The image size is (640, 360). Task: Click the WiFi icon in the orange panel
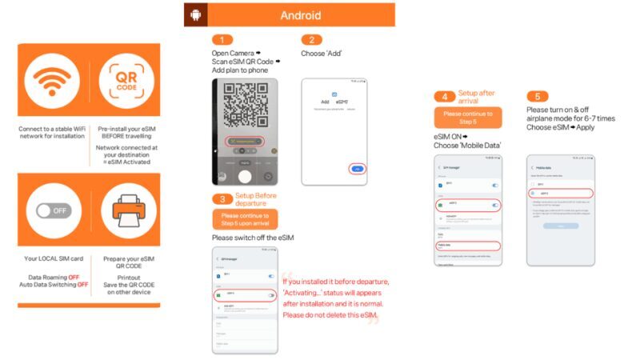pyautogui.click(x=52, y=83)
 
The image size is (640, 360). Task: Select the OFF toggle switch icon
pyautogui.click(x=52, y=212)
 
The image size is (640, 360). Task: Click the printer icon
pyautogui.click(x=126, y=212)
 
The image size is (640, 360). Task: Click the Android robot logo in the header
pyautogui.click(x=195, y=15)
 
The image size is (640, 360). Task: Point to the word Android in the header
pyautogui.click(x=301, y=15)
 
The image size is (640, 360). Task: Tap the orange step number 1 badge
pyautogui.click(x=222, y=40)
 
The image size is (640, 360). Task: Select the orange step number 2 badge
pyautogui.click(x=311, y=40)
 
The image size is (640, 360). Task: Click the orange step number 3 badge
pyautogui.click(x=222, y=198)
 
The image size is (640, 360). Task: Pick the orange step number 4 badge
pyautogui.click(x=445, y=97)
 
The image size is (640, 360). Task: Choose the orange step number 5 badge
pyautogui.click(x=538, y=97)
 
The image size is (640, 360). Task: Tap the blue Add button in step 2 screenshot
pyautogui.click(x=358, y=169)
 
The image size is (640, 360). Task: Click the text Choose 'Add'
pyautogui.click(x=324, y=54)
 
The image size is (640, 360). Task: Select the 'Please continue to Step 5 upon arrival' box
pyautogui.click(x=246, y=219)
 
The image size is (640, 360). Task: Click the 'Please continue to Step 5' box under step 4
pyautogui.click(x=468, y=118)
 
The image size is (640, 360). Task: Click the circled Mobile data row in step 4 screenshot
pyautogui.click(x=468, y=246)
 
